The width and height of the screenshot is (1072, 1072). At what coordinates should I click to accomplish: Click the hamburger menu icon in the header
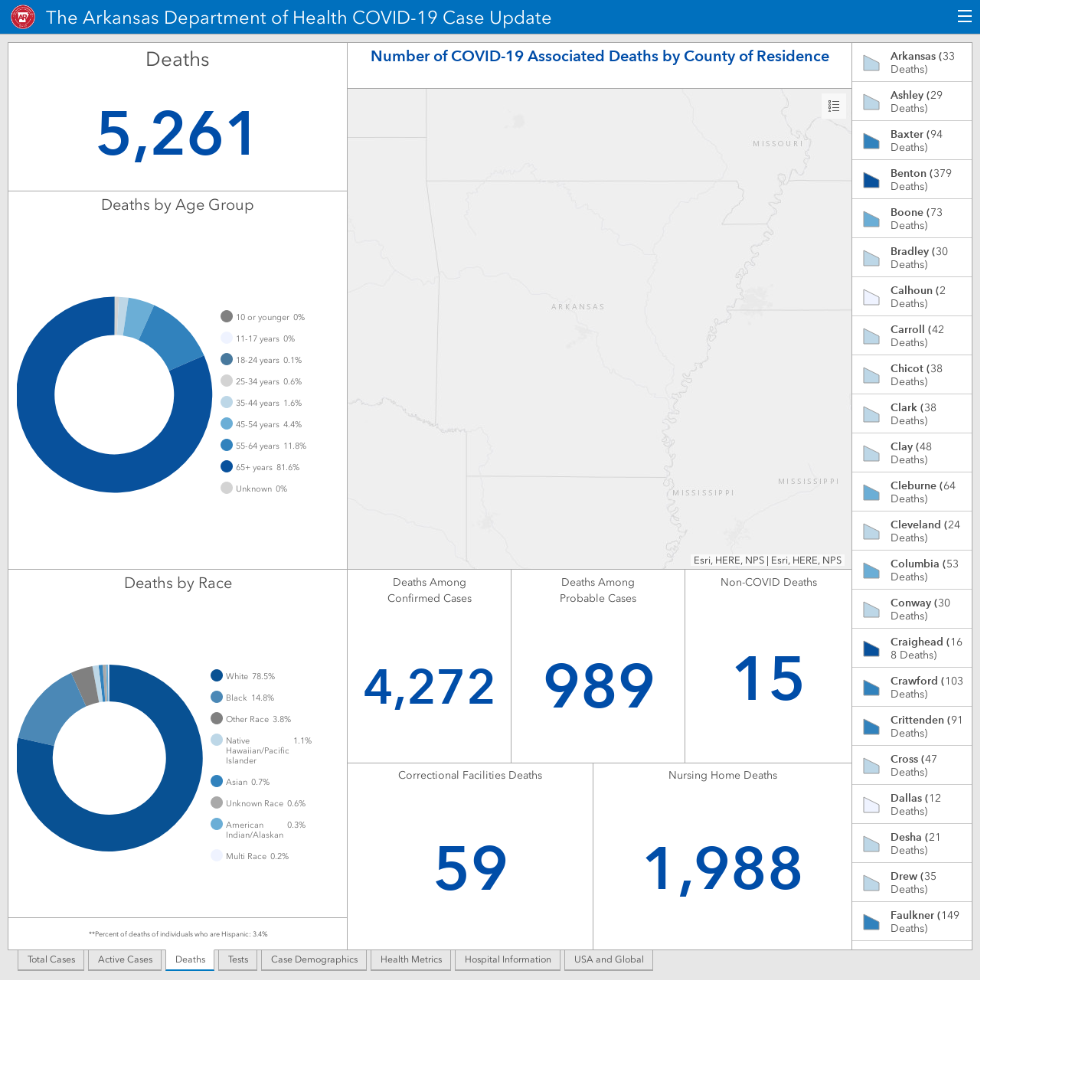point(964,17)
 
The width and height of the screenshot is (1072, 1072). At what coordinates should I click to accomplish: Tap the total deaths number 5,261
point(176,134)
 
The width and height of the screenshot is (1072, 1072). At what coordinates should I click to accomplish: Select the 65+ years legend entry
point(260,467)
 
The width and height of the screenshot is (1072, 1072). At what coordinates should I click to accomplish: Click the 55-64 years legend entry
point(263,445)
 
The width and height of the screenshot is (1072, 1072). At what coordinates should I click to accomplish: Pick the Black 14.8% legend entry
point(243,697)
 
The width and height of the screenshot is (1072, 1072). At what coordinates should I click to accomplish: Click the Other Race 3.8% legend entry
point(251,719)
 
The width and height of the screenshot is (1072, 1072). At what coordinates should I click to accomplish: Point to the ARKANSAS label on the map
point(577,306)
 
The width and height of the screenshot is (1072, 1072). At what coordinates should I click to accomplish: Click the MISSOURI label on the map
point(778,143)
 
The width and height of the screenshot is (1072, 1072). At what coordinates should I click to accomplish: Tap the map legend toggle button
point(833,106)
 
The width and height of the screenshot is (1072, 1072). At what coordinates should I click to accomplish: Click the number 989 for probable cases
point(599,685)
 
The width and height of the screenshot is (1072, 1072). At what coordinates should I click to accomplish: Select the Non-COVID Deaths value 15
point(768,678)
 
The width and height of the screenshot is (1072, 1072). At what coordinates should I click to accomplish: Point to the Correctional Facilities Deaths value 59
point(471,868)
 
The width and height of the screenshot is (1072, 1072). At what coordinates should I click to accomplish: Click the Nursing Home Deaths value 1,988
point(723,869)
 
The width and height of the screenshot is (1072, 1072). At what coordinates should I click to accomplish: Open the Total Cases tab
point(51,959)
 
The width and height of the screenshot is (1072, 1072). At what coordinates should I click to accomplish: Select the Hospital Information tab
point(508,959)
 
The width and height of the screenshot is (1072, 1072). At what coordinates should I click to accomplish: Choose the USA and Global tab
point(609,959)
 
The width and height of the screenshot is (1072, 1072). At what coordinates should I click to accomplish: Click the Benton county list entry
point(912,179)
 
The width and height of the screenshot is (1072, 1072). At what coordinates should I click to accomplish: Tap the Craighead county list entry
point(912,648)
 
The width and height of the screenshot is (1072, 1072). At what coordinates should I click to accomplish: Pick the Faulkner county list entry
point(912,921)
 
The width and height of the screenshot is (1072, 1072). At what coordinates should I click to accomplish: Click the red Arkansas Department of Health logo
point(23,17)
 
